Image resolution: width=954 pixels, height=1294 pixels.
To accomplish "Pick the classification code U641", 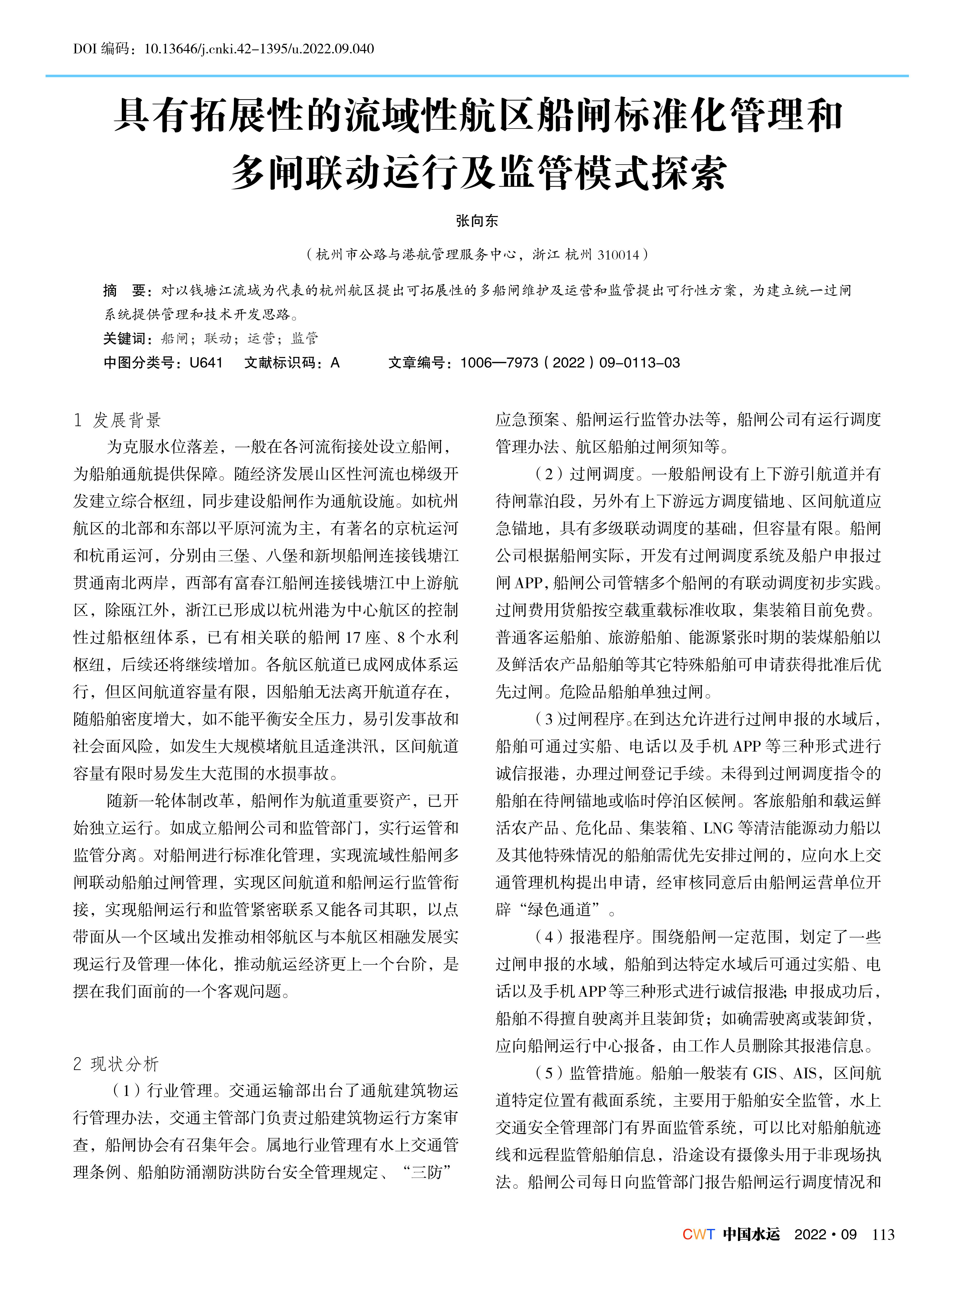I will tap(206, 363).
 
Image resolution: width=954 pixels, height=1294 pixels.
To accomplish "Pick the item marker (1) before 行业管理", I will tap(126, 1090).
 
